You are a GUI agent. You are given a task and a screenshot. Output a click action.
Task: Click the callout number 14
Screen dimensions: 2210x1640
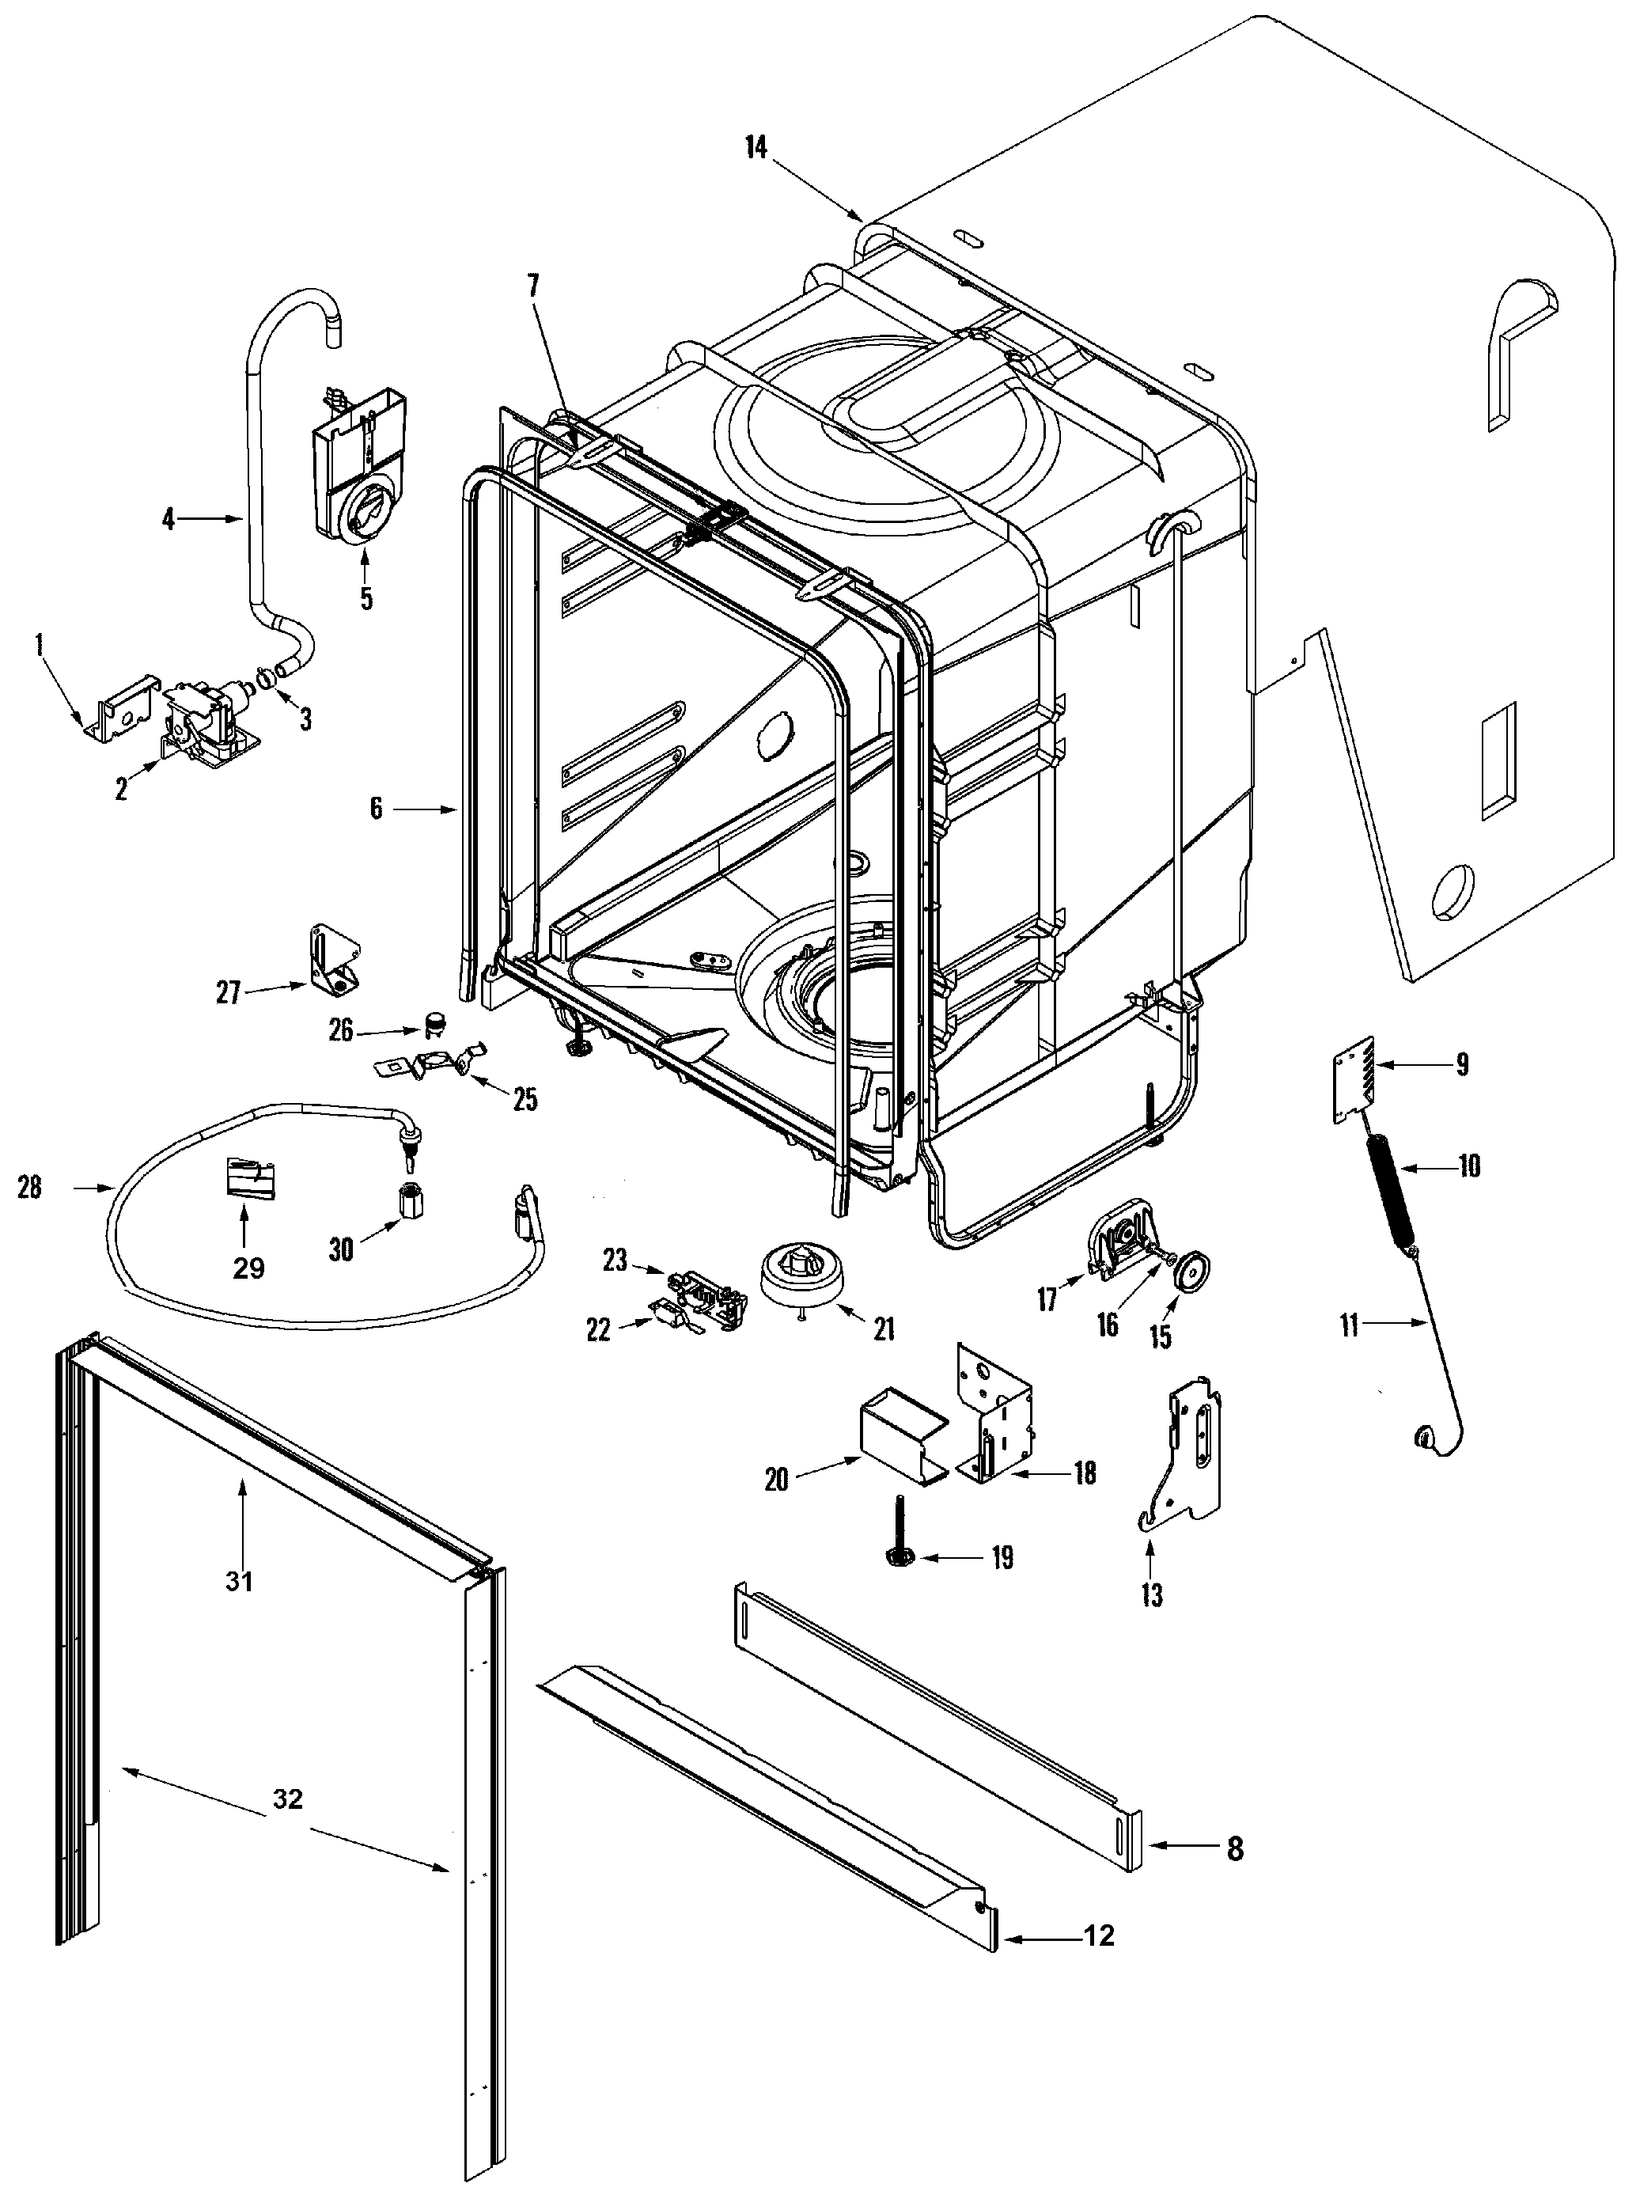pos(756,147)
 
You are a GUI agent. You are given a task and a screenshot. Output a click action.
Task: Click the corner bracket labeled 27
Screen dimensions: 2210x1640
pos(331,958)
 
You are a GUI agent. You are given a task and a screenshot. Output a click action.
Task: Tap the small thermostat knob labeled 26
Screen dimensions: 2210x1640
pos(433,1022)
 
